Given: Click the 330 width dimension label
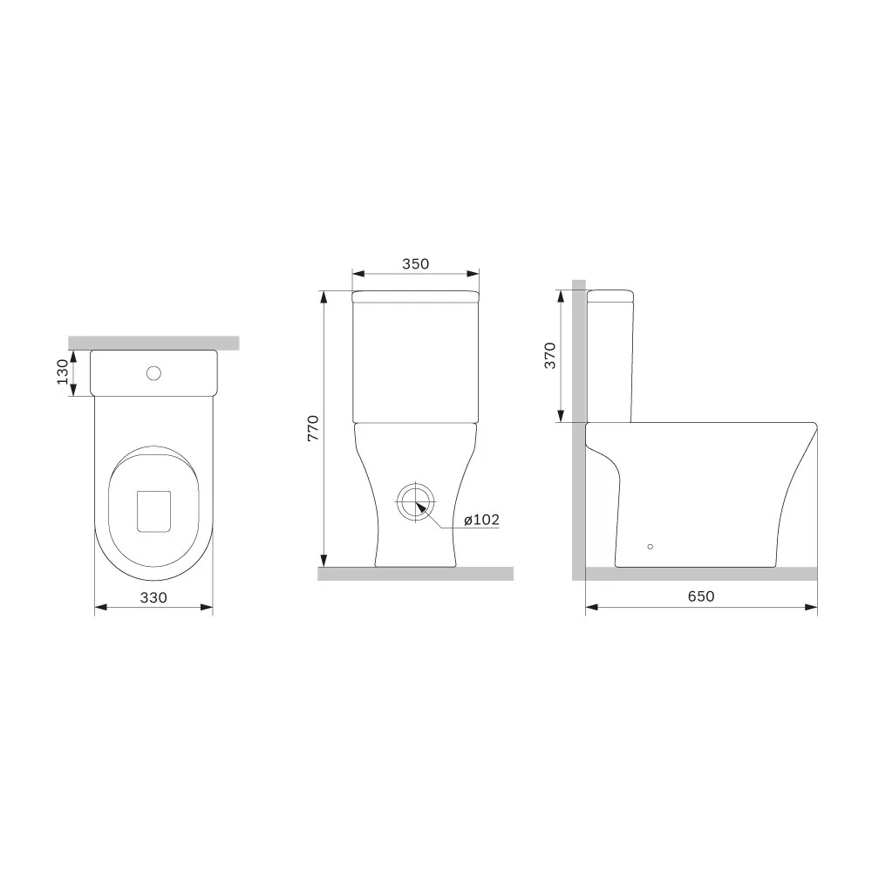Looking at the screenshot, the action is [153, 597].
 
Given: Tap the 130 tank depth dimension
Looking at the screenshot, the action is [62, 371].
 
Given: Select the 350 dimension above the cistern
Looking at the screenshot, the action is [415, 263].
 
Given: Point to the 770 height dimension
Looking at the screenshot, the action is [313, 428].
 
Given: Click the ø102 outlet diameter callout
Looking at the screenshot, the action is [481, 520].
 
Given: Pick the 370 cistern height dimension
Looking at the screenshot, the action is [549, 356].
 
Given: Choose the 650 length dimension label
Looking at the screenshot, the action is [701, 596].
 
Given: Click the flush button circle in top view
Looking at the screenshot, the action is [153, 372].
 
